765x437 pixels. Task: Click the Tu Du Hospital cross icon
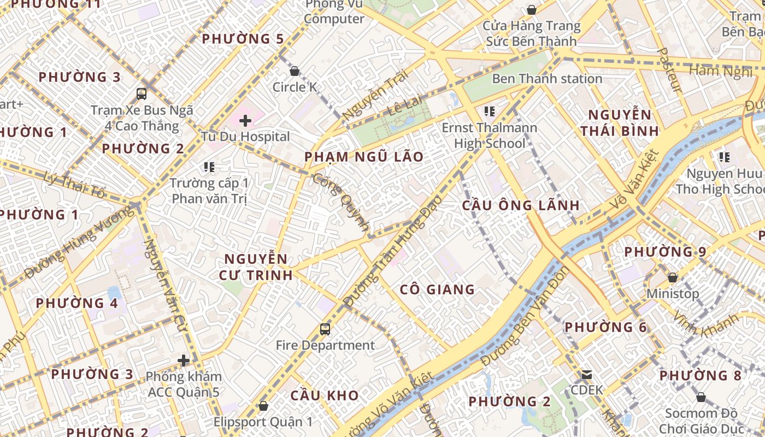tap(245, 120)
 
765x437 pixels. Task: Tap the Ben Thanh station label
tap(547, 79)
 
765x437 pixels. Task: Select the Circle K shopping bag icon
tap(295, 71)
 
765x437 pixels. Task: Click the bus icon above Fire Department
tap(325, 329)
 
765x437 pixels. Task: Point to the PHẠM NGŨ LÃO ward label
tap(364, 157)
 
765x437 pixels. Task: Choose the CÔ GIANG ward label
tap(437, 290)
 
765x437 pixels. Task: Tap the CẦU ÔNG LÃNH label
tap(521, 205)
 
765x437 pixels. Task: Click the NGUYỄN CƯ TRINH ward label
tap(256, 267)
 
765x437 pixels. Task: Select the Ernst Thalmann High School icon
tap(490, 111)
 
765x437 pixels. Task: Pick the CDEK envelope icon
tap(587, 375)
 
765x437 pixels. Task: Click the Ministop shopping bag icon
tap(673, 277)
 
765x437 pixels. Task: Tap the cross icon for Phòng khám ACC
tap(184, 361)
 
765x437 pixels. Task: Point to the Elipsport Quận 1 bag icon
tap(263, 406)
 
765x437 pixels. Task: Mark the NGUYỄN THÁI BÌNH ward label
tap(619, 123)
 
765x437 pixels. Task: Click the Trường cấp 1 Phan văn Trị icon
tap(209, 167)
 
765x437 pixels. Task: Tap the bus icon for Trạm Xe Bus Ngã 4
tap(142, 93)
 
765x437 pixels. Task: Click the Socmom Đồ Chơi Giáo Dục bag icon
tap(701, 397)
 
